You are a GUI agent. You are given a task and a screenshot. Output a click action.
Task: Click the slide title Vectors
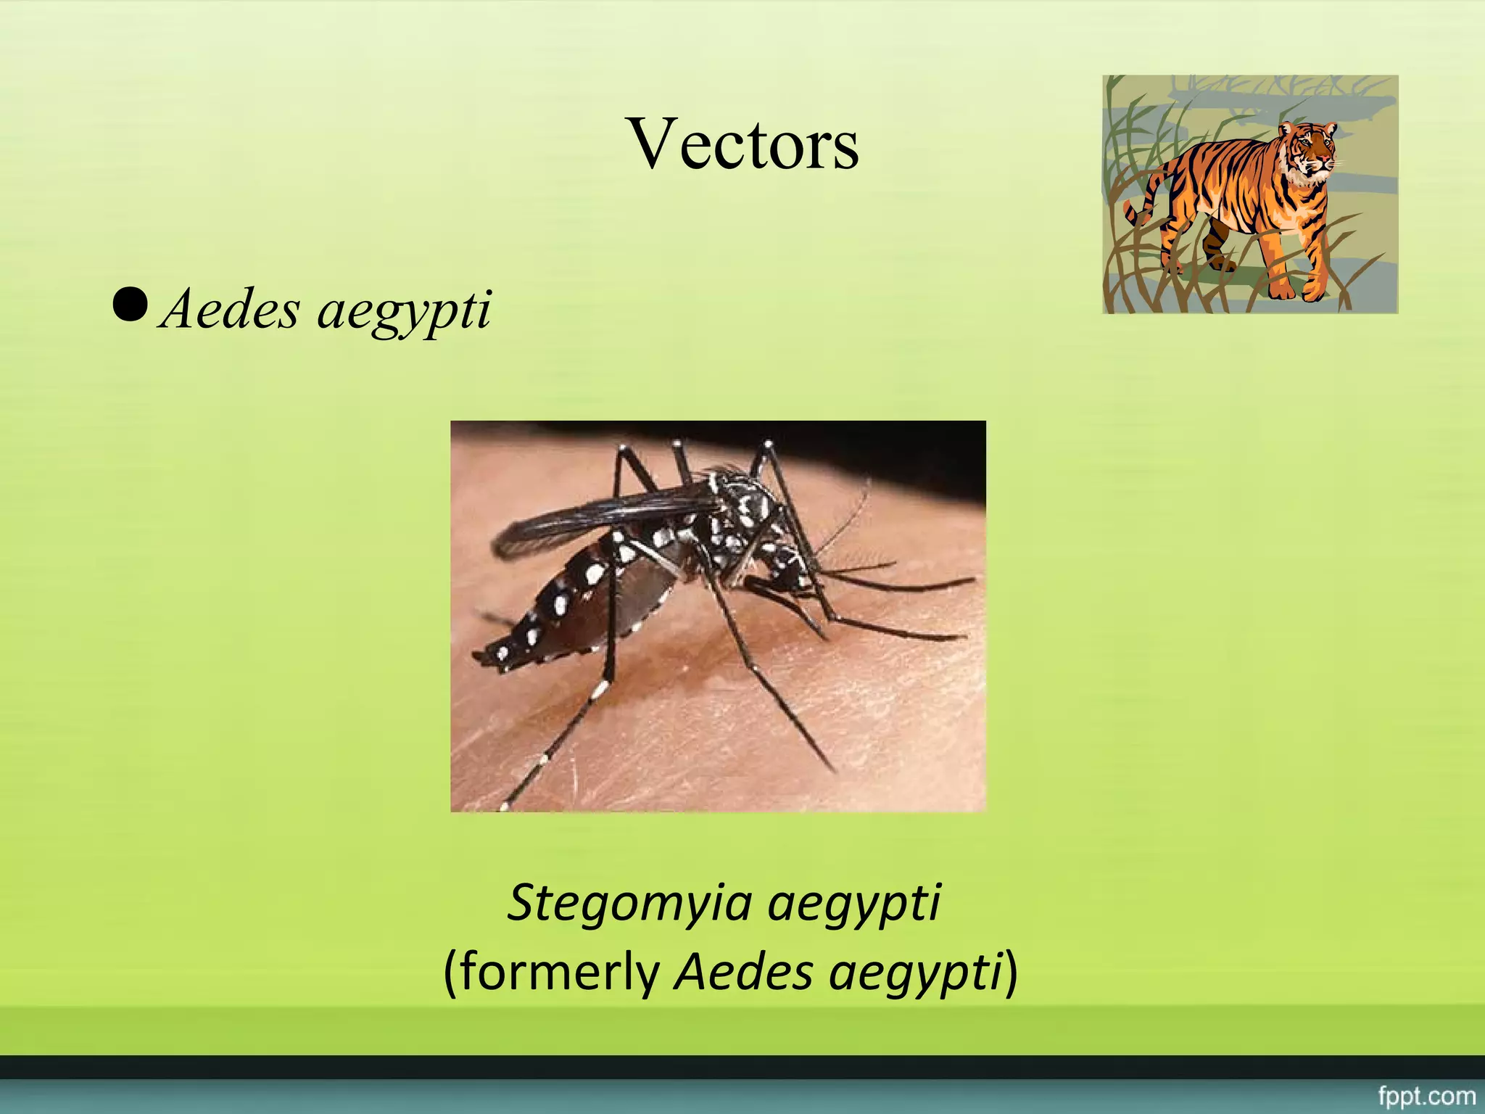[x=743, y=145]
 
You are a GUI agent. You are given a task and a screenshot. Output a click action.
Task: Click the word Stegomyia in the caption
[x=629, y=904]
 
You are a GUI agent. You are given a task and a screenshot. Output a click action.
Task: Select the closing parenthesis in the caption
[x=1010, y=972]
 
